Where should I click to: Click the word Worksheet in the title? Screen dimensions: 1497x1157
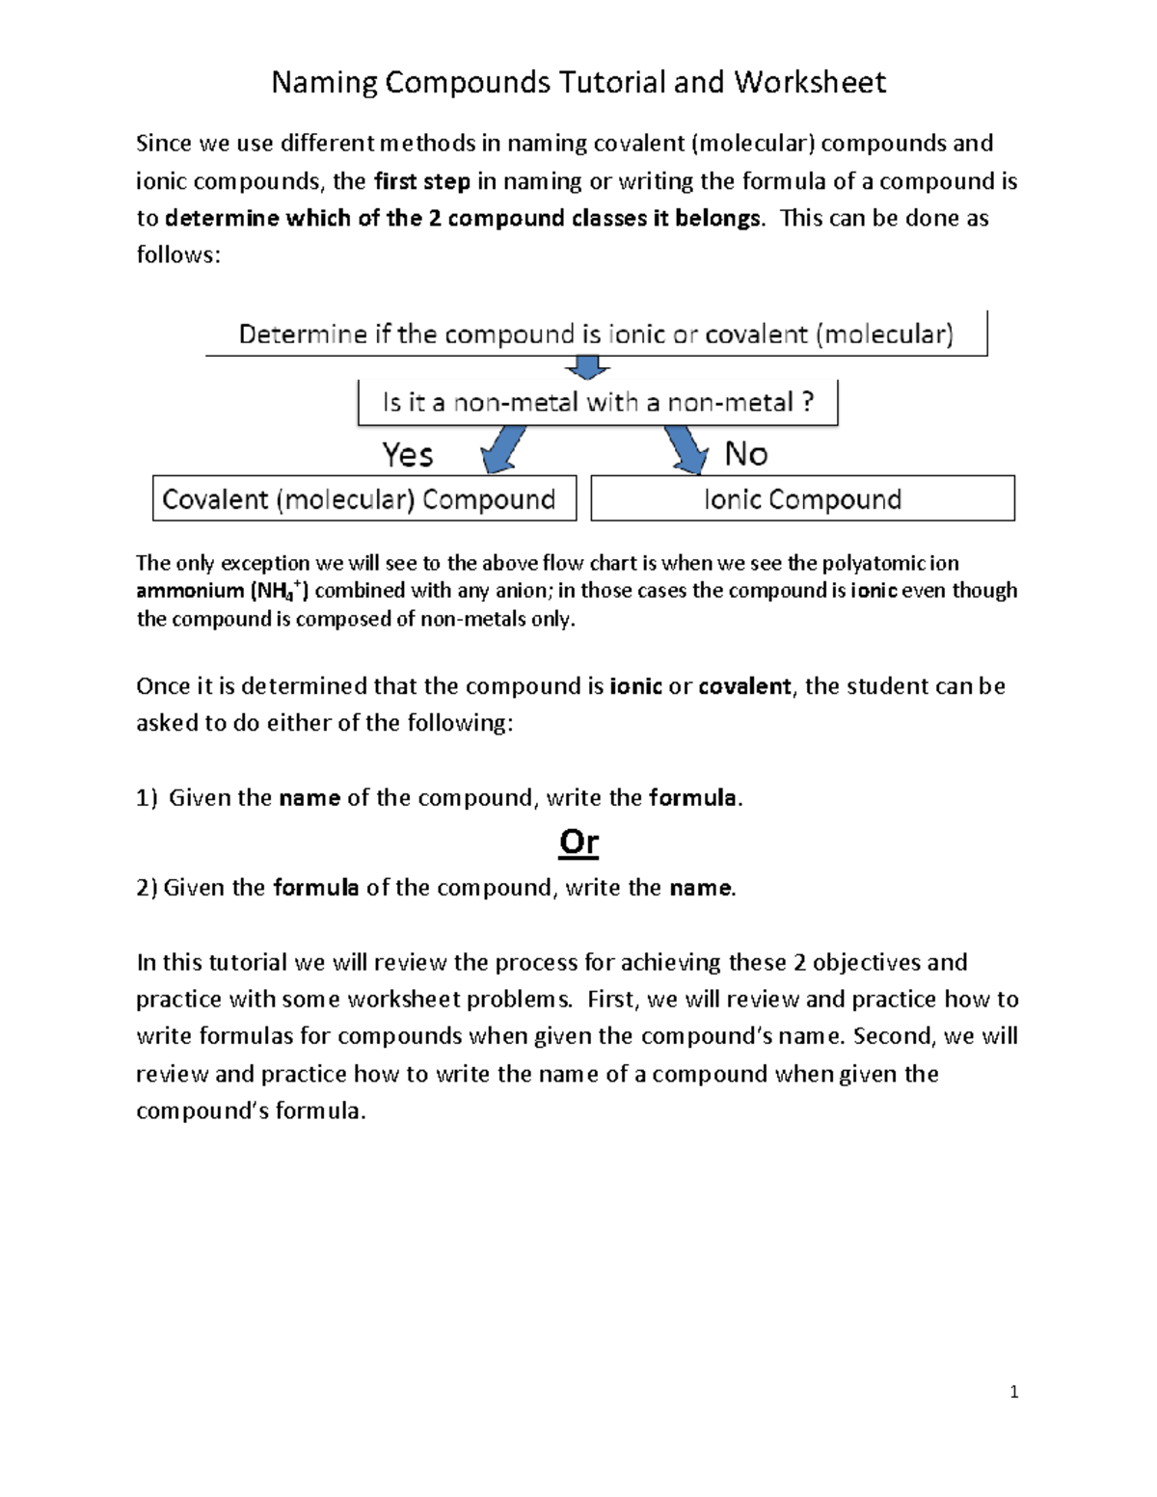[x=809, y=83]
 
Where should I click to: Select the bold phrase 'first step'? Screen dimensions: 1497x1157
[x=421, y=181]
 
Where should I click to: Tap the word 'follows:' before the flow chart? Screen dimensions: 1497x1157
[x=178, y=255]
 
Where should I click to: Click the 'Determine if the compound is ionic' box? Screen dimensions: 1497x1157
[x=596, y=334]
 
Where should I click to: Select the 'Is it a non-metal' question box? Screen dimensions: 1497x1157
[x=598, y=402]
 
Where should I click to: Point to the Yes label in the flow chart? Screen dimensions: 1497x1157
[x=407, y=454]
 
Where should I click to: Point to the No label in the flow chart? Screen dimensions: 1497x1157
[x=745, y=453]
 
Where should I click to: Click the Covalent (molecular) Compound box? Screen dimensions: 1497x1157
[x=363, y=499]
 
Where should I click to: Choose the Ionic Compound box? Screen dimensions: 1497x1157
[x=802, y=499]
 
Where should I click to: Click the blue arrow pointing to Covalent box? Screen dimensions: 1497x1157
[x=504, y=450]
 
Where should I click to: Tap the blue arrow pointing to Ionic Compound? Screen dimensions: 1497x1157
[x=686, y=450]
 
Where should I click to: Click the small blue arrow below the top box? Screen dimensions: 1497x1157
[x=587, y=368]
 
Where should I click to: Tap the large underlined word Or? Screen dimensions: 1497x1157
[x=578, y=842]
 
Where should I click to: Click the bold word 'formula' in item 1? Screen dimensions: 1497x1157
[x=693, y=798]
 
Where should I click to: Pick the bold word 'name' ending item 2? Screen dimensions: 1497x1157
[x=700, y=888]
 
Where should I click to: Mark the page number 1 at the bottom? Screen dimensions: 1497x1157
[x=1013, y=1392]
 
